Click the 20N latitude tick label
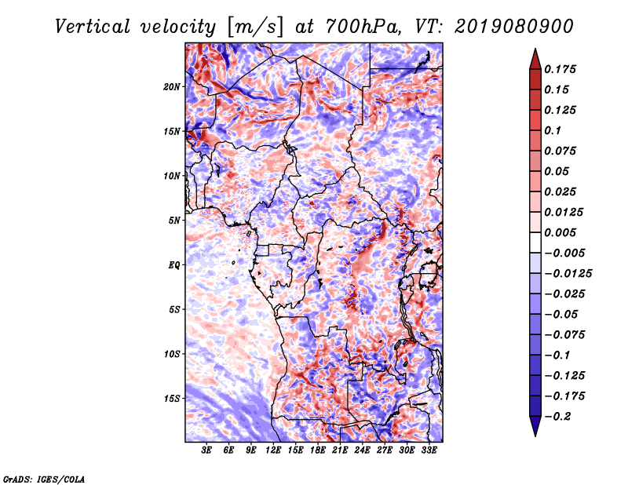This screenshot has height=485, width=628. pos(172,86)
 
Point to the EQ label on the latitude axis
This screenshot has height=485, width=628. pos(174,265)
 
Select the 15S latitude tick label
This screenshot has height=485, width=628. pos(172,399)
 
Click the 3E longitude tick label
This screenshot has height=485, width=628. pos(207,451)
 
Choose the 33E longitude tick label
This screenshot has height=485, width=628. pos(429,451)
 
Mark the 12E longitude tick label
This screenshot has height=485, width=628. pos(274,451)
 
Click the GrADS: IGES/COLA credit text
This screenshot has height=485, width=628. pos(43,477)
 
